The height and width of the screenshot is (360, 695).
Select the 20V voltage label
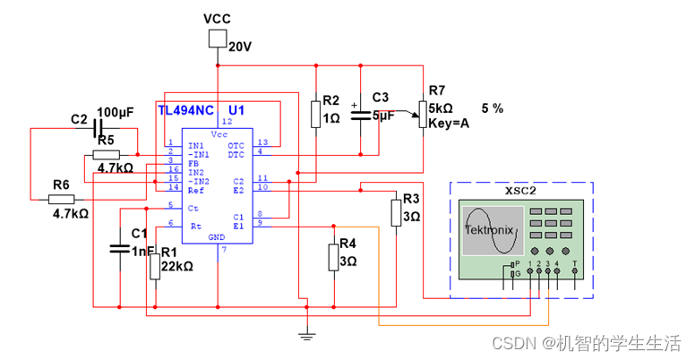coord(241,47)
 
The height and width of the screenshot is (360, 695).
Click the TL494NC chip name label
coord(186,110)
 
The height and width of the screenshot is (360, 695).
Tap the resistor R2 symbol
coord(315,114)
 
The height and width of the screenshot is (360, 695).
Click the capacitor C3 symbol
coord(360,116)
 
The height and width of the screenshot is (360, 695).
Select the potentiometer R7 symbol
coord(422,113)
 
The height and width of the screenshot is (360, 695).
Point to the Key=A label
coord(450,122)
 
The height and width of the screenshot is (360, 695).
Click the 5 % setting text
coord(493,107)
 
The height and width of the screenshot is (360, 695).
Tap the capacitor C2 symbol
coord(95,129)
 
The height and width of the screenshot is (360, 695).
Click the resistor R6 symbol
coord(61,200)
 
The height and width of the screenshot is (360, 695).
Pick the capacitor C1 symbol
coord(119,248)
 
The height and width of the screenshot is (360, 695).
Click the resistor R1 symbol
coord(154,266)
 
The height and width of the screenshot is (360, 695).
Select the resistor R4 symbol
coord(334,255)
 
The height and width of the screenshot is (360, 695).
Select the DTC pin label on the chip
coord(236,154)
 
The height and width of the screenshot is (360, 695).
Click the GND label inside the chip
coord(217,236)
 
